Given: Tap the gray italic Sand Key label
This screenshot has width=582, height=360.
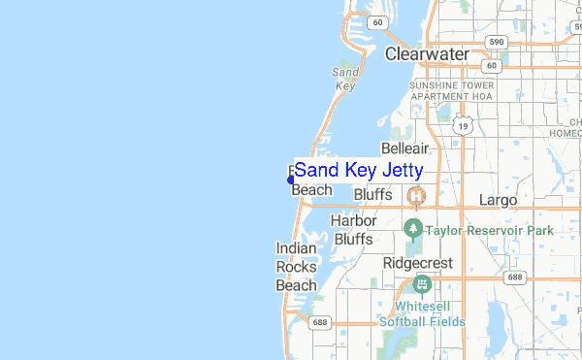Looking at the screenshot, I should coord(345,79).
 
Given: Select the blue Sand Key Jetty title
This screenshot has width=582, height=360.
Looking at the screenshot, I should coord(359,170).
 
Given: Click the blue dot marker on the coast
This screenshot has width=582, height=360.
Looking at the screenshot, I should coord(291,180).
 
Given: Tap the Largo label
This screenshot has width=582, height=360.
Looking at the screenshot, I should coord(499,200).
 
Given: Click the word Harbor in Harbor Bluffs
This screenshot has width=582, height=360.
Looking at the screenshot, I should coord(353,221).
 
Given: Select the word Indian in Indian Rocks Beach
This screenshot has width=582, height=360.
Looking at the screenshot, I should coord(297,249).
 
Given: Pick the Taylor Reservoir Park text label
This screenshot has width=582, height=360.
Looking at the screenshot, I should coord(490,231).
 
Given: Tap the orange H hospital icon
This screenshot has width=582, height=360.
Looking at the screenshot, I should coord(416,196).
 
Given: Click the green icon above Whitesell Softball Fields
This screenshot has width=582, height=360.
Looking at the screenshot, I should coord(421,284).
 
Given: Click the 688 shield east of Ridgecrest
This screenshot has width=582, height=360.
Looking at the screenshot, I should coord(514,278).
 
